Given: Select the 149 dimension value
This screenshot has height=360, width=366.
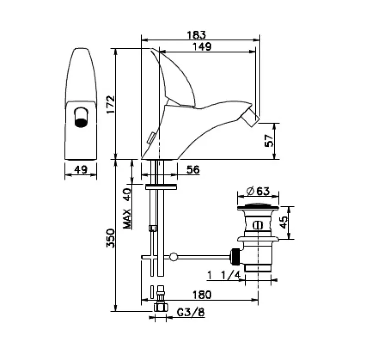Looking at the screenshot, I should [x=201, y=46].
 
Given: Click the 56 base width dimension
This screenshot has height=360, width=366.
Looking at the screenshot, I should [x=193, y=170].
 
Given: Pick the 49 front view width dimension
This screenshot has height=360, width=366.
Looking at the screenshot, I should [x=81, y=170].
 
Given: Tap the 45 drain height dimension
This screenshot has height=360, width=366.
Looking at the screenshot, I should [x=283, y=223].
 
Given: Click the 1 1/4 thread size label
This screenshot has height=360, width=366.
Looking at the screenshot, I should [x=223, y=275].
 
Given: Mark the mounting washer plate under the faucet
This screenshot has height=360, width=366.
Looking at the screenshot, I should [x=161, y=187].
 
